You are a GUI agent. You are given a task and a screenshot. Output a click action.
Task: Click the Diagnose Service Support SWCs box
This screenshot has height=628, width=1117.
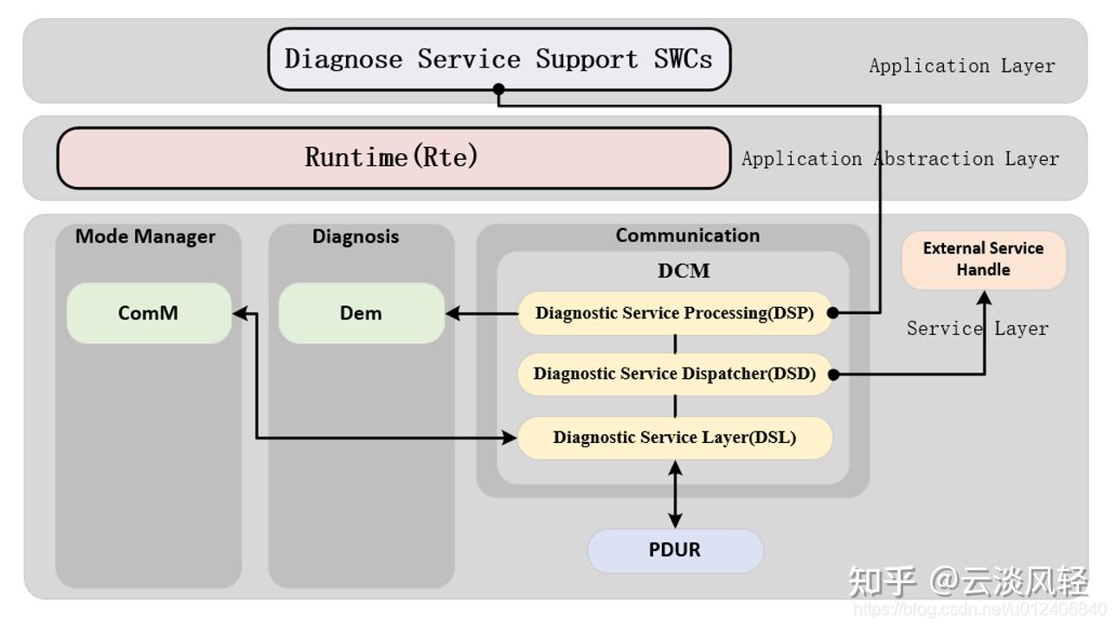499,59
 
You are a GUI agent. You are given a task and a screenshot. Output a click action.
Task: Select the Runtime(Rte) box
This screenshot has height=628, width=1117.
394,157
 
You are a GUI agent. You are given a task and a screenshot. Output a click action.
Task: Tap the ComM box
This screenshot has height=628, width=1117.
149,313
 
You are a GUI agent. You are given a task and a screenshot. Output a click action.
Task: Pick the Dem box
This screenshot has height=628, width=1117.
361,313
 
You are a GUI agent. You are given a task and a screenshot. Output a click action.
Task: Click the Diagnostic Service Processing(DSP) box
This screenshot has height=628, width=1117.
674,313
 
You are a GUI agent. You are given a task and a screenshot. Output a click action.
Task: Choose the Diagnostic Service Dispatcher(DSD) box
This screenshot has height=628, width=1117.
674,374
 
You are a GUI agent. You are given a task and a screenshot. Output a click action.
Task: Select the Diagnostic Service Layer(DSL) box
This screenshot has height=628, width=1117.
674,438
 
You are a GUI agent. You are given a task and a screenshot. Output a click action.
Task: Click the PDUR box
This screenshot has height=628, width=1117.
675,550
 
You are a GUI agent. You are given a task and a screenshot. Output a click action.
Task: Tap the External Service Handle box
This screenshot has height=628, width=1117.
983,259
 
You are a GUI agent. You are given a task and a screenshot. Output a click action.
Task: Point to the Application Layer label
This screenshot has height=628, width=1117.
962,66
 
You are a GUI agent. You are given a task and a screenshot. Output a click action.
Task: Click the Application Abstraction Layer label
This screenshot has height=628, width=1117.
900,159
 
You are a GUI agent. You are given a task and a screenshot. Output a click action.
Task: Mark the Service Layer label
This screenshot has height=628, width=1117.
977,329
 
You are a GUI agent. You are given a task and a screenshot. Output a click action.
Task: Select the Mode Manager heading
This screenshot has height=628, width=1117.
145,236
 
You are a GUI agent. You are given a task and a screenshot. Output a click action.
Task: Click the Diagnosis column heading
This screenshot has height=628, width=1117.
356,236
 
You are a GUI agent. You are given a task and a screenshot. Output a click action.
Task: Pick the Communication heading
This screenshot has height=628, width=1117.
688,235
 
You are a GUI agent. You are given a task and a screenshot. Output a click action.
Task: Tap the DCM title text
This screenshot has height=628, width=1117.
684,271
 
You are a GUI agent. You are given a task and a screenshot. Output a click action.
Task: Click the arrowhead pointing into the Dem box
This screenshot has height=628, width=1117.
452,313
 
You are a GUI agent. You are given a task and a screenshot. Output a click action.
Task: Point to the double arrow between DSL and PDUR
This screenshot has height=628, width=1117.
675,493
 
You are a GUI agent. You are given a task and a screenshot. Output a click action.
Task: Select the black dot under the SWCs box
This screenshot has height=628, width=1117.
498,89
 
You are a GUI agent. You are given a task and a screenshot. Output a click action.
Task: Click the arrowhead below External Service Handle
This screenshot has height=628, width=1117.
984,298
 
